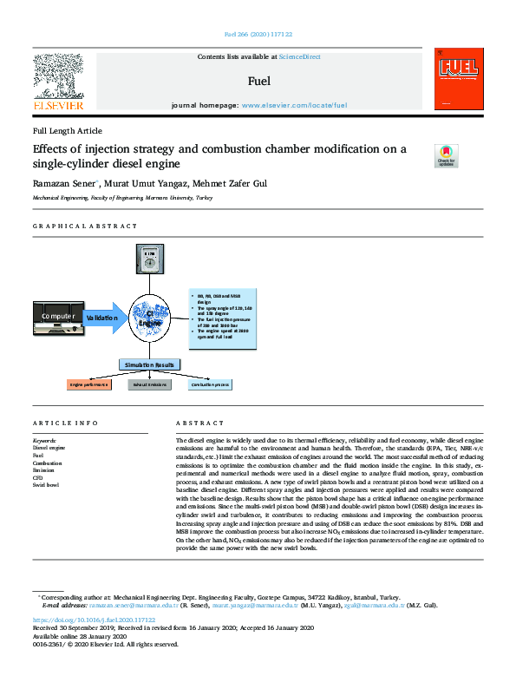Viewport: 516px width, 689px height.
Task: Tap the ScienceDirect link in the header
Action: pyautogui.click(x=299, y=56)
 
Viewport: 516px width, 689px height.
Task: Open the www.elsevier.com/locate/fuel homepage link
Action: pyautogui.click(x=294, y=104)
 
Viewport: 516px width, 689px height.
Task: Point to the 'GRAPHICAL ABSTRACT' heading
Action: pyautogui.click(x=85, y=226)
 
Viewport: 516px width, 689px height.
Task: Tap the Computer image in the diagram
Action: pyautogui.click(x=58, y=317)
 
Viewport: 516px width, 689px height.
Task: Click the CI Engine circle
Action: pyautogui.click(x=157, y=318)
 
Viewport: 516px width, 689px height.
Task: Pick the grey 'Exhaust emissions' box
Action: pyautogui.click(x=149, y=384)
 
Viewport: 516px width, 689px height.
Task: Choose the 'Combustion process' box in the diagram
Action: pyautogui.click(x=210, y=384)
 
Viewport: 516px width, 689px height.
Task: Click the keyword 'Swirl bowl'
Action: pyautogui.click(x=47, y=484)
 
